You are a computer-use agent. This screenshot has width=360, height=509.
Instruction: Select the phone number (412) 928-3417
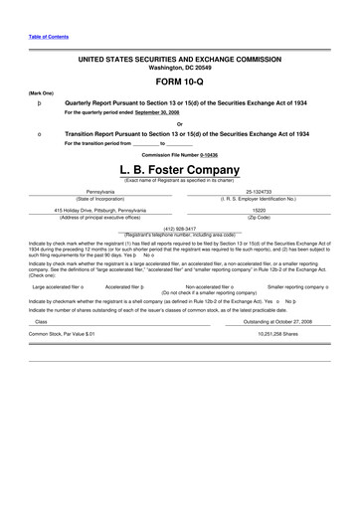(180, 229)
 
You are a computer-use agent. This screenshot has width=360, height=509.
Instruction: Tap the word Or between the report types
(180, 123)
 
